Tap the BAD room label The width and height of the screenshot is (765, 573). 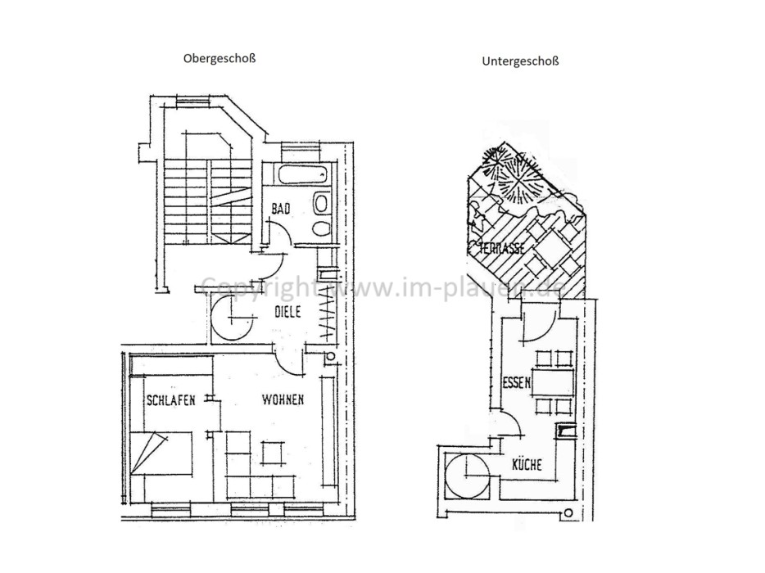click(x=280, y=210)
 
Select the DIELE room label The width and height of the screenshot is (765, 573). click(x=287, y=312)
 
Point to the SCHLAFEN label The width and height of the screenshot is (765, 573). click(x=170, y=401)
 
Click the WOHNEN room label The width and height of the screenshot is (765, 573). click(x=283, y=400)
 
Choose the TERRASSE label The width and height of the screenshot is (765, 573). click(x=497, y=249)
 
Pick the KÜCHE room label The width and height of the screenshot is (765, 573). click(x=527, y=465)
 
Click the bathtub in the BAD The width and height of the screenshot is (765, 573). click(x=301, y=174)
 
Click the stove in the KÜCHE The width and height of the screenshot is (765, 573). click(x=565, y=431)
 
